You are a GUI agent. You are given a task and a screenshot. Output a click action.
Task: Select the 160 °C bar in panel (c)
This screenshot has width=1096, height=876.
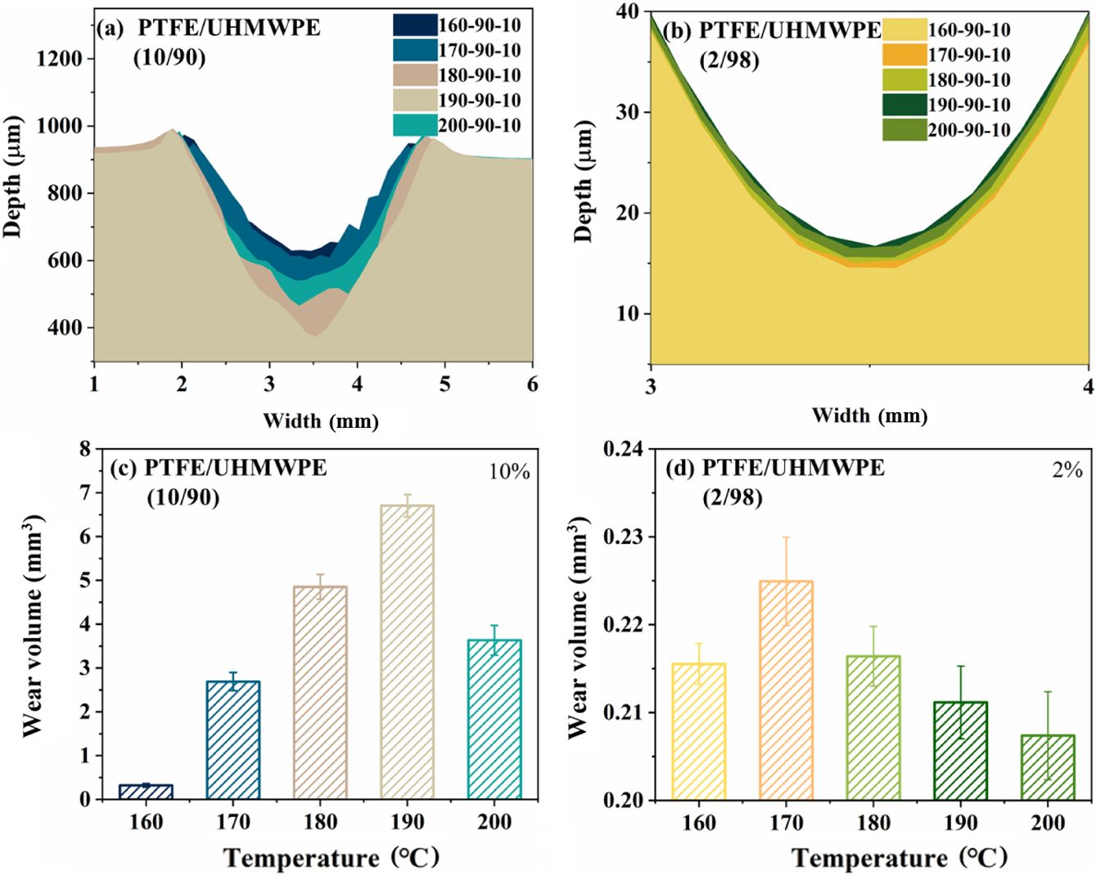146,791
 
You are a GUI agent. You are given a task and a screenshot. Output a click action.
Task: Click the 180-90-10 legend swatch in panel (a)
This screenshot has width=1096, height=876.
414,75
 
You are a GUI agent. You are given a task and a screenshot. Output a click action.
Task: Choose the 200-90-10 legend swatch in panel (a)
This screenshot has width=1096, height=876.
414,125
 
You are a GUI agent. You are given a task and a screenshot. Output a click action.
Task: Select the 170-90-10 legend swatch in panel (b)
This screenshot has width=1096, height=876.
904,55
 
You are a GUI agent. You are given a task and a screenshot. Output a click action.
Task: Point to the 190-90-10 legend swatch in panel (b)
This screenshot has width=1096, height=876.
904,105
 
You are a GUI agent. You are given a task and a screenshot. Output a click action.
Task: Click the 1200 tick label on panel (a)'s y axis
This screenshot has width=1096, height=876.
60,58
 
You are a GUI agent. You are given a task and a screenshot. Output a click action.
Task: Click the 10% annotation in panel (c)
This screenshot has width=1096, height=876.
509,472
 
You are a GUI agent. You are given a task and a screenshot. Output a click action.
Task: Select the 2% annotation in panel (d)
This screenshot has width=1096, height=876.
1067,470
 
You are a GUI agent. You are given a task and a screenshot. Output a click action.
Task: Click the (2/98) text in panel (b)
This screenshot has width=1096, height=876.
729,61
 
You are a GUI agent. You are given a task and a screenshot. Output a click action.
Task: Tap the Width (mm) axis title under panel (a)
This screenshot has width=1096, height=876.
320,421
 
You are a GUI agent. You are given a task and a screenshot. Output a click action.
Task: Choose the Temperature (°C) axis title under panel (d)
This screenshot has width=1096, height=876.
900,858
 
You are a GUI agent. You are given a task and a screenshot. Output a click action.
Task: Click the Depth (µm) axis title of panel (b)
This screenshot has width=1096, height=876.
583,182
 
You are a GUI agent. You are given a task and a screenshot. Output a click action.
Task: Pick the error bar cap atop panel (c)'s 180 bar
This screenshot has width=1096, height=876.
320,574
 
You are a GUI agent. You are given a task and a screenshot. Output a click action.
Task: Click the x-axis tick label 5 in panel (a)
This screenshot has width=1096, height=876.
444,384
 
